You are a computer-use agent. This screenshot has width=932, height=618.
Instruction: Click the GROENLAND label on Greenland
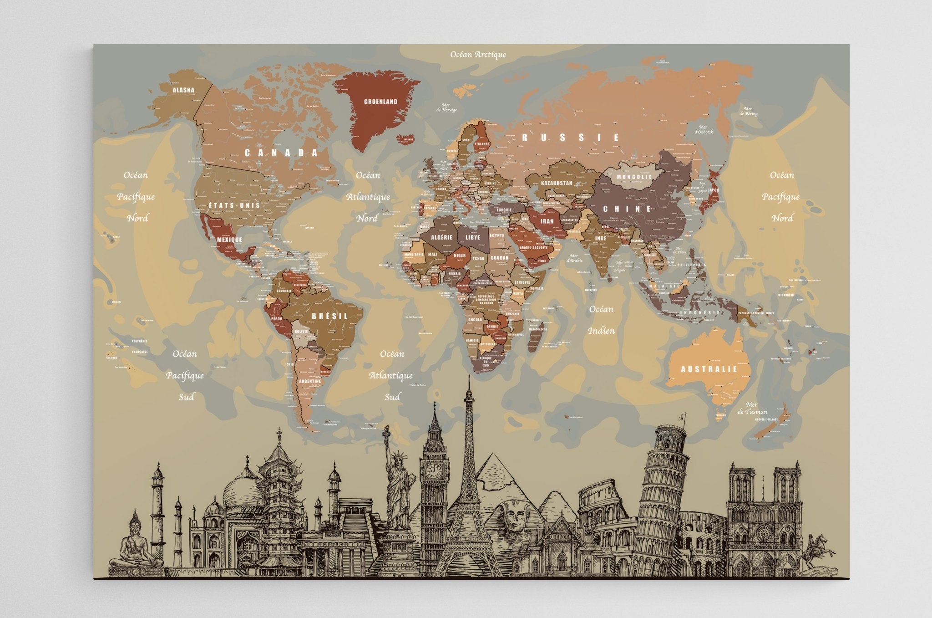(380, 102)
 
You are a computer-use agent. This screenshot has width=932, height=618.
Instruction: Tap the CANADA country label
(281, 153)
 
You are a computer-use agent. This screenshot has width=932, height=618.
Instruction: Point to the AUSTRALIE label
(708, 369)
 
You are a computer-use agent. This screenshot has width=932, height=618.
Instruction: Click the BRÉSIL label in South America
(330, 316)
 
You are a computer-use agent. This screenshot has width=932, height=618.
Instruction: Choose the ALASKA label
(183, 90)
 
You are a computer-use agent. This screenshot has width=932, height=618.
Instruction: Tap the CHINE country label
(627, 209)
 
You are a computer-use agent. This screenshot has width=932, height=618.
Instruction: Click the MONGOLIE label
(634, 177)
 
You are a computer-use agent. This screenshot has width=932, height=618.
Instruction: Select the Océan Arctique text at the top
(478, 55)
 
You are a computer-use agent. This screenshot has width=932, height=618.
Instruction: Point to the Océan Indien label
(602, 320)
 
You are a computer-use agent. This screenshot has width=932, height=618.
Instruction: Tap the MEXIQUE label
(229, 239)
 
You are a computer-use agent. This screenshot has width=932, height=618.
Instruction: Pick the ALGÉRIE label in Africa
(441, 237)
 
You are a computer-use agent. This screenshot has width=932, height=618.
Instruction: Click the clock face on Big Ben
(434, 471)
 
